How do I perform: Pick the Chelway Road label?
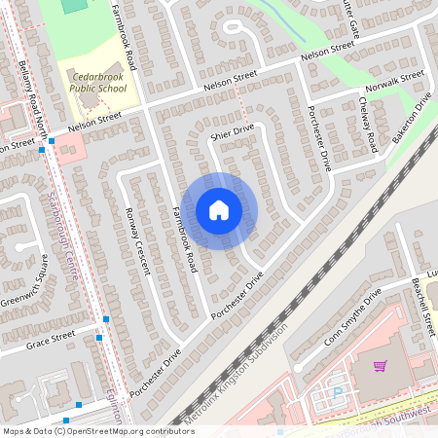pyautogui.click(x=367, y=124)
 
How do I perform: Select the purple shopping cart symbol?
pyautogui.click(x=380, y=366)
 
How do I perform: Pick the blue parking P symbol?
pyautogui.click(x=339, y=392)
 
